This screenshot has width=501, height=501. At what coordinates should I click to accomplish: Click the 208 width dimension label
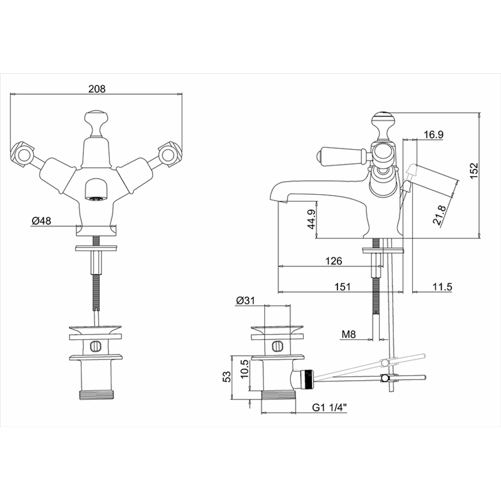96,88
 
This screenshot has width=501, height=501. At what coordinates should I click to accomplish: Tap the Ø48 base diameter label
41,221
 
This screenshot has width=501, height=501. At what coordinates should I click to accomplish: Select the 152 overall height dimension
474,170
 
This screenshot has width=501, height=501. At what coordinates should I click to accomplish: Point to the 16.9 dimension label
433,135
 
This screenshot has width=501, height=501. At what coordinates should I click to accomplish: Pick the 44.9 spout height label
311,219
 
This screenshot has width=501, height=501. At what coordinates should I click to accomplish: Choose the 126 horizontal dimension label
333,261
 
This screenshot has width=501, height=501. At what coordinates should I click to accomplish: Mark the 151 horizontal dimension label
342,287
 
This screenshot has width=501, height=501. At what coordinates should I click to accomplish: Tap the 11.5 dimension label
443,287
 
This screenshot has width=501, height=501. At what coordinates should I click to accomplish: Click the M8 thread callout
349,334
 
